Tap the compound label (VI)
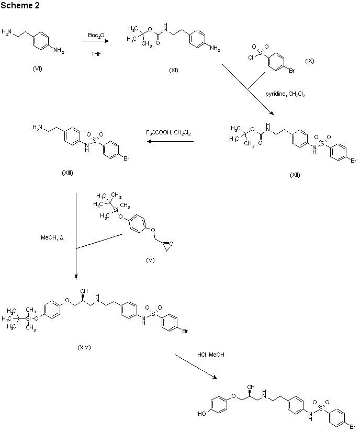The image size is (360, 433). coord(37,70)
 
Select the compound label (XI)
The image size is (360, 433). coord(174,71)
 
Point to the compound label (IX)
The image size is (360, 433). coord(310,61)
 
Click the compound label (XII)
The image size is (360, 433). coord(295,175)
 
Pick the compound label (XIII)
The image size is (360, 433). coord(67,173)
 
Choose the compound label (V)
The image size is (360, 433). coord(150,260)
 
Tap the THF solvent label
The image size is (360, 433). coord(96,53)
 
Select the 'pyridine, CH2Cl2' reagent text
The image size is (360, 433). coord(285,94)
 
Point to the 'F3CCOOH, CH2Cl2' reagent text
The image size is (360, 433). coord(168,133)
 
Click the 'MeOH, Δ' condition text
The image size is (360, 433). coord(52,237)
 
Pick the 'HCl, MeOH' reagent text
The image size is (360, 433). coord(211,355)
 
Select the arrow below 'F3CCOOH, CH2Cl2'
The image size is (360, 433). coord(168,141)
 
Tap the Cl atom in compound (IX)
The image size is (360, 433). coord(252,59)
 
